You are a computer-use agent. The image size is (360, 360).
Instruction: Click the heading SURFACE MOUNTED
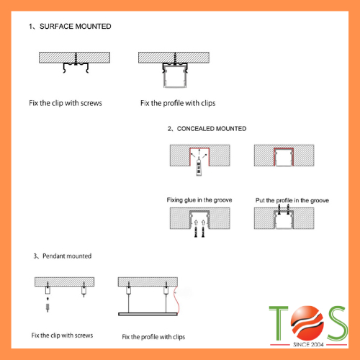click(x=75, y=26)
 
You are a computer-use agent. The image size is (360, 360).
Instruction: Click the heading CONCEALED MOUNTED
click(x=212, y=129)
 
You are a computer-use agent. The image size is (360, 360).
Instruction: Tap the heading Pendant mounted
click(x=67, y=256)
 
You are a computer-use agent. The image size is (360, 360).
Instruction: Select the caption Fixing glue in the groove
click(x=199, y=200)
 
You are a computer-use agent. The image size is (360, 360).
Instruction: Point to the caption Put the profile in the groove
click(x=292, y=200)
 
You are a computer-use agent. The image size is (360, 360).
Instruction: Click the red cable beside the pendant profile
click(x=178, y=300)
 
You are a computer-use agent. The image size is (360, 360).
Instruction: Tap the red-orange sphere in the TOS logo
click(x=307, y=323)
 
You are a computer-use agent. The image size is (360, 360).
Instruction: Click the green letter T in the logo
click(x=279, y=323)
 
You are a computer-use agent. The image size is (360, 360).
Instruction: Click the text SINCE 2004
click(x=308, y=345)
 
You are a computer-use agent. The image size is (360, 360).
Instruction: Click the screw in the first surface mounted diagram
click(x=76, y=58)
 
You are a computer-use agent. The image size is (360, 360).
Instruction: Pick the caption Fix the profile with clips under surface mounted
click(x=178, y=103)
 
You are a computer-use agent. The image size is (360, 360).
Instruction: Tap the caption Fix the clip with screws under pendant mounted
click(x=62, y=336)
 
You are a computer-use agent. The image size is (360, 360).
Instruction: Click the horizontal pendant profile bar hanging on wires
click(x=148, y=314)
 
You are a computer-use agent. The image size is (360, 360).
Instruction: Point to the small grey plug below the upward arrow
click(x=48, y=307)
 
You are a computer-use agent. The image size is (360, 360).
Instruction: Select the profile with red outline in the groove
click(x=284, y=157)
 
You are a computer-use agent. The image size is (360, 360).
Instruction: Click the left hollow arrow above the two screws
click(x=196, y=222)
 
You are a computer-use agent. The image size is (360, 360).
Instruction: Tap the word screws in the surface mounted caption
click(x=91, y=103)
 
